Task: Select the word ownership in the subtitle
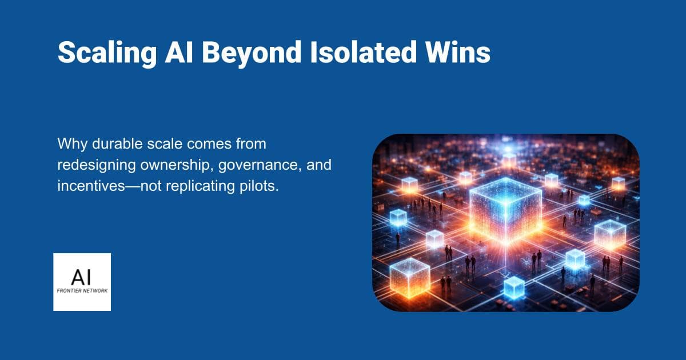(173, 166)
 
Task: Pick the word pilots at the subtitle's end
(264, 187)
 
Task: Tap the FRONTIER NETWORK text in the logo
(82, 290)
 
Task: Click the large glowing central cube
(505, 209)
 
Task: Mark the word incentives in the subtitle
(91, 187)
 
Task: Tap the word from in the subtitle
(252, 145)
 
